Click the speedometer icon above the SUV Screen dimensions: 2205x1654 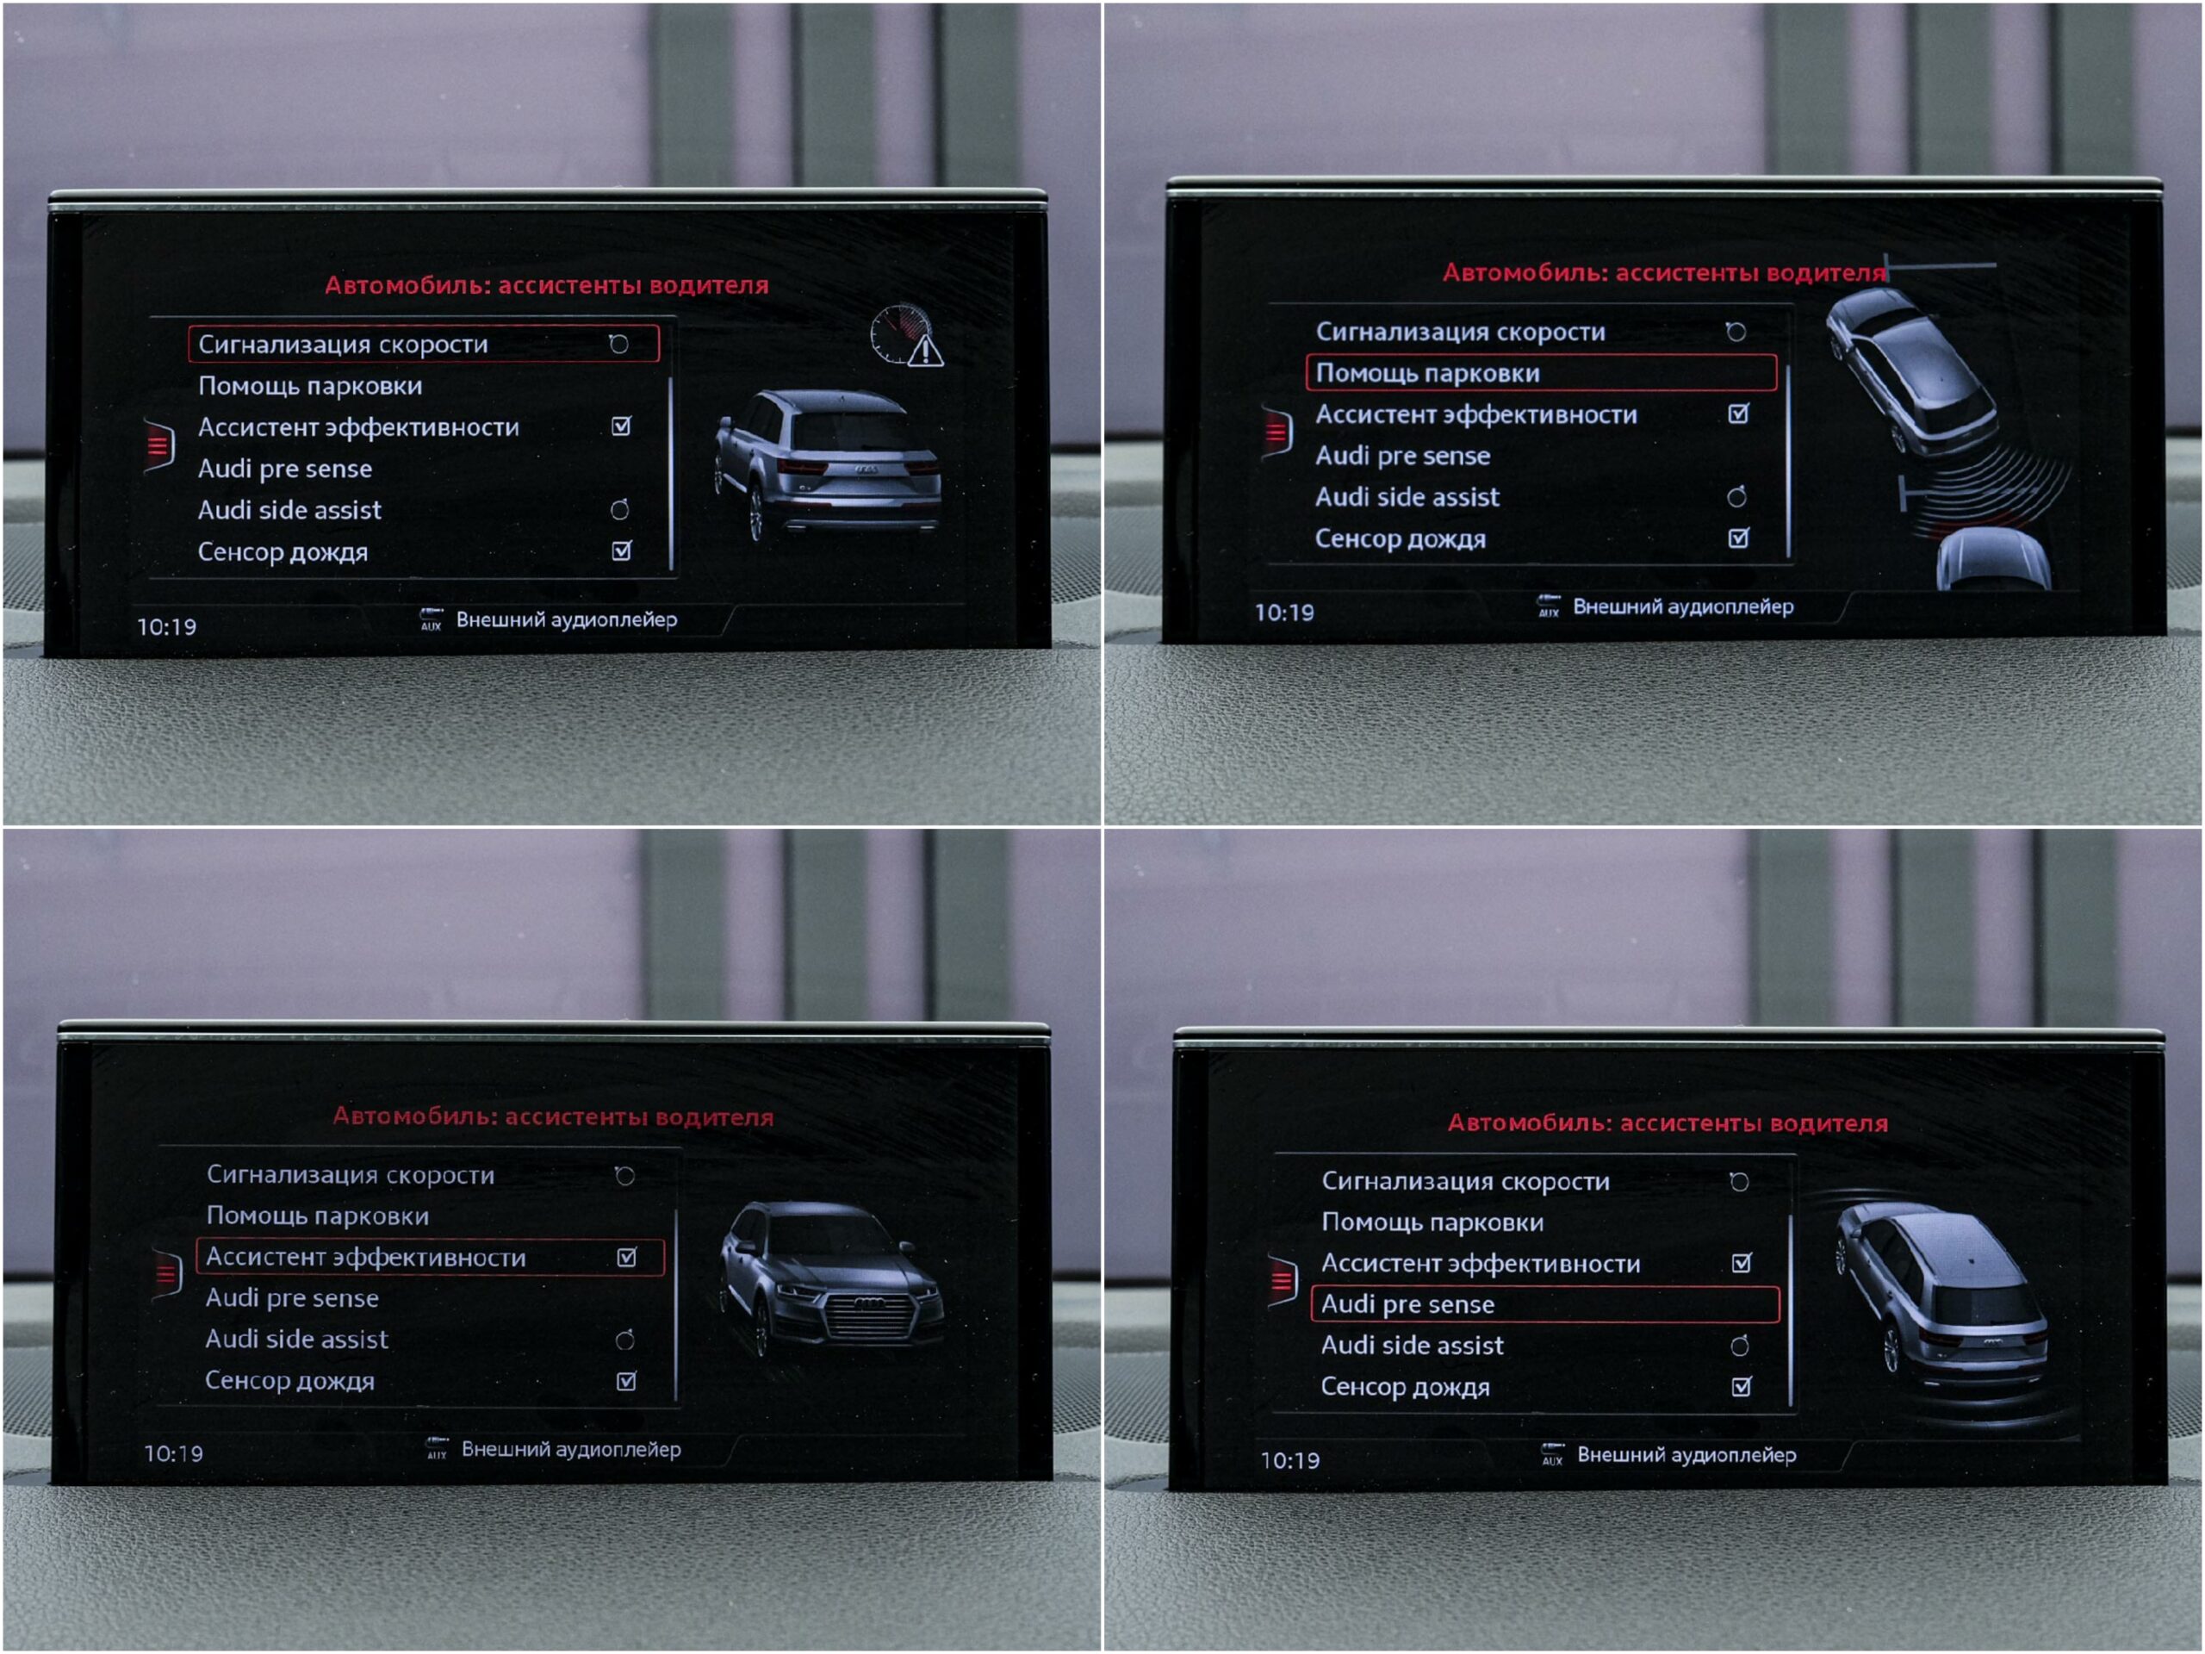pos(898,332)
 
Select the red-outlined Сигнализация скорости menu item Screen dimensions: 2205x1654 pos(424,344)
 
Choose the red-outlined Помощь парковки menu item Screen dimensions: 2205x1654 pos(1541,373)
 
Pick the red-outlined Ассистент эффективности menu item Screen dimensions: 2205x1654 pos(431,1257)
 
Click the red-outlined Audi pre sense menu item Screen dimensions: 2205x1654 pos(1545,1304)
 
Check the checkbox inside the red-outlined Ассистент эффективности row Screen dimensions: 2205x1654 pos(627,1257)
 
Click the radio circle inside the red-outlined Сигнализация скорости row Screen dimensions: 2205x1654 pos(619,344)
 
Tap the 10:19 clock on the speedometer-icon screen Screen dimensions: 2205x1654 pos(166,627)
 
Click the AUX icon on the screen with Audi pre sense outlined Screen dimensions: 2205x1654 pos(1552,1455)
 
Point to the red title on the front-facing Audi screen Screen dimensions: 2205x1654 pos(553,1116)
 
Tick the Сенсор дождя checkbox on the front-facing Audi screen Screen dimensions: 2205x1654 pos(627,1382)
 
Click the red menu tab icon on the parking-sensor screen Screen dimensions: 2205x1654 pos(1277,432)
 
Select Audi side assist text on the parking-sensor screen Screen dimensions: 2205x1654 pos(1407,496)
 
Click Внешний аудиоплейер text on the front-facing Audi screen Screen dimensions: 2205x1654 pos(571,1450)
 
